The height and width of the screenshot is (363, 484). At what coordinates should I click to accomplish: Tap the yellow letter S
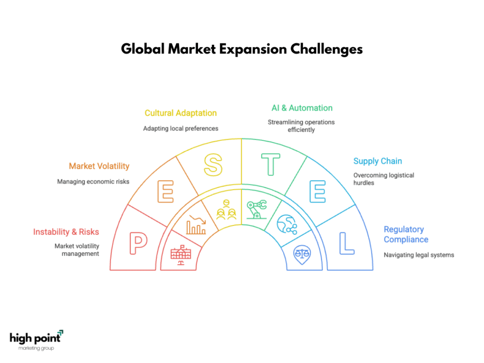click(x=213, y=165)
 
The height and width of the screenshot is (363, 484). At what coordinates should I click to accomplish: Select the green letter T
click(x=271, y=164)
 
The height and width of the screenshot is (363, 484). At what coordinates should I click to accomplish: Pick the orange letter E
click(x=165, y=192)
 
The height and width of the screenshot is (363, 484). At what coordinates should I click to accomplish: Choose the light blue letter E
click(x=318, y=192)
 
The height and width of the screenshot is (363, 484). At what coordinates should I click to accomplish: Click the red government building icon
click(x=181, y=255)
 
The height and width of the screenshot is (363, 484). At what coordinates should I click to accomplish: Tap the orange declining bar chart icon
click(x=196, y=225)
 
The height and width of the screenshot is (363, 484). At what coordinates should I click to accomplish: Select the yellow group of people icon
click(x=226, y=209)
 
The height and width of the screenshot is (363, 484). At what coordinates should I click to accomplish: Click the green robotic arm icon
click(x=257, y=209)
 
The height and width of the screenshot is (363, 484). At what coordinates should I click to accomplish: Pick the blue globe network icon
click(x=287, y=225)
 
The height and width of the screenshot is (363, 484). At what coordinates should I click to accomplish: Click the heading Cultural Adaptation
click(x=181, y=113)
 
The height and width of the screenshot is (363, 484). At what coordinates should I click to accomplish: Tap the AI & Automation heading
click(x=302, y=108)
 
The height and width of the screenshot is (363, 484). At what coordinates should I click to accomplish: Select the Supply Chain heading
click(x=378, y=161)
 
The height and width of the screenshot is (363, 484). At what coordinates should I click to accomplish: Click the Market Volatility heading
click(x=99, y=166)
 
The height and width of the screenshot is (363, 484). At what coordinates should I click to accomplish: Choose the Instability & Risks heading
click(x=66, y=232)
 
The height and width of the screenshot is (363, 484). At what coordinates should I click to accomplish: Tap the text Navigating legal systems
click(x=419, y=255)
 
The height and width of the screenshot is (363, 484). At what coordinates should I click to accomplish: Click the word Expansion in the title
click(x=253, y=49)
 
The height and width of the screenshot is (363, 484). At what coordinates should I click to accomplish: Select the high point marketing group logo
click(x=36, y=340)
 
